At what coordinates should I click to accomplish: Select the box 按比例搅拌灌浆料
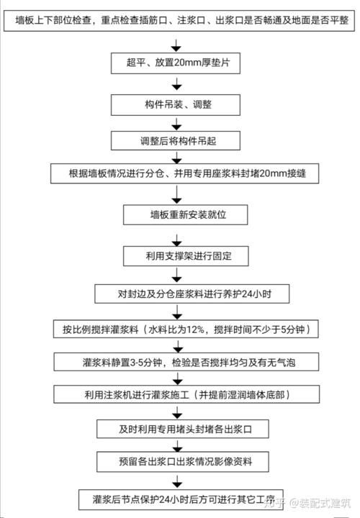[x=181, y=329]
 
